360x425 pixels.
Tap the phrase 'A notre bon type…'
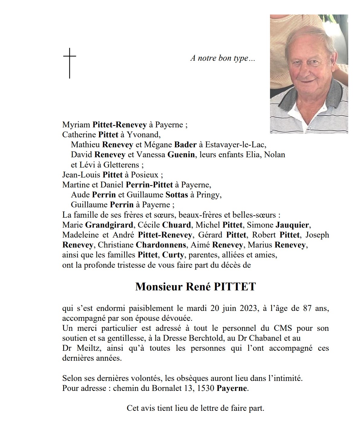click(x=223, y=58)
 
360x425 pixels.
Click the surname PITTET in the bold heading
click(x=235, y=286)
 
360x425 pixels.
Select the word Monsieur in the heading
click(x=159, y=286)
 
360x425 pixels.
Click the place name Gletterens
click(x=122, y=165)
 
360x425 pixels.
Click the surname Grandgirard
click(x=109, y=225)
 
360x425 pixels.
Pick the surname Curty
click(x=173, y=255)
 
